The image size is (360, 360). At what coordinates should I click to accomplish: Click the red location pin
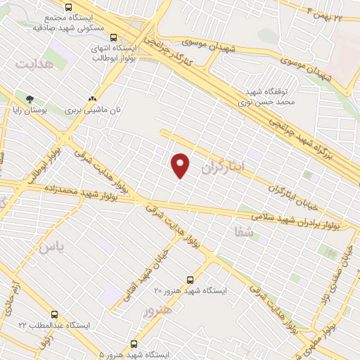(181, 165)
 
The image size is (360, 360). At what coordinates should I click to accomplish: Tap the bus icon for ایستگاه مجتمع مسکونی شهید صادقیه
(68, 8)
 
